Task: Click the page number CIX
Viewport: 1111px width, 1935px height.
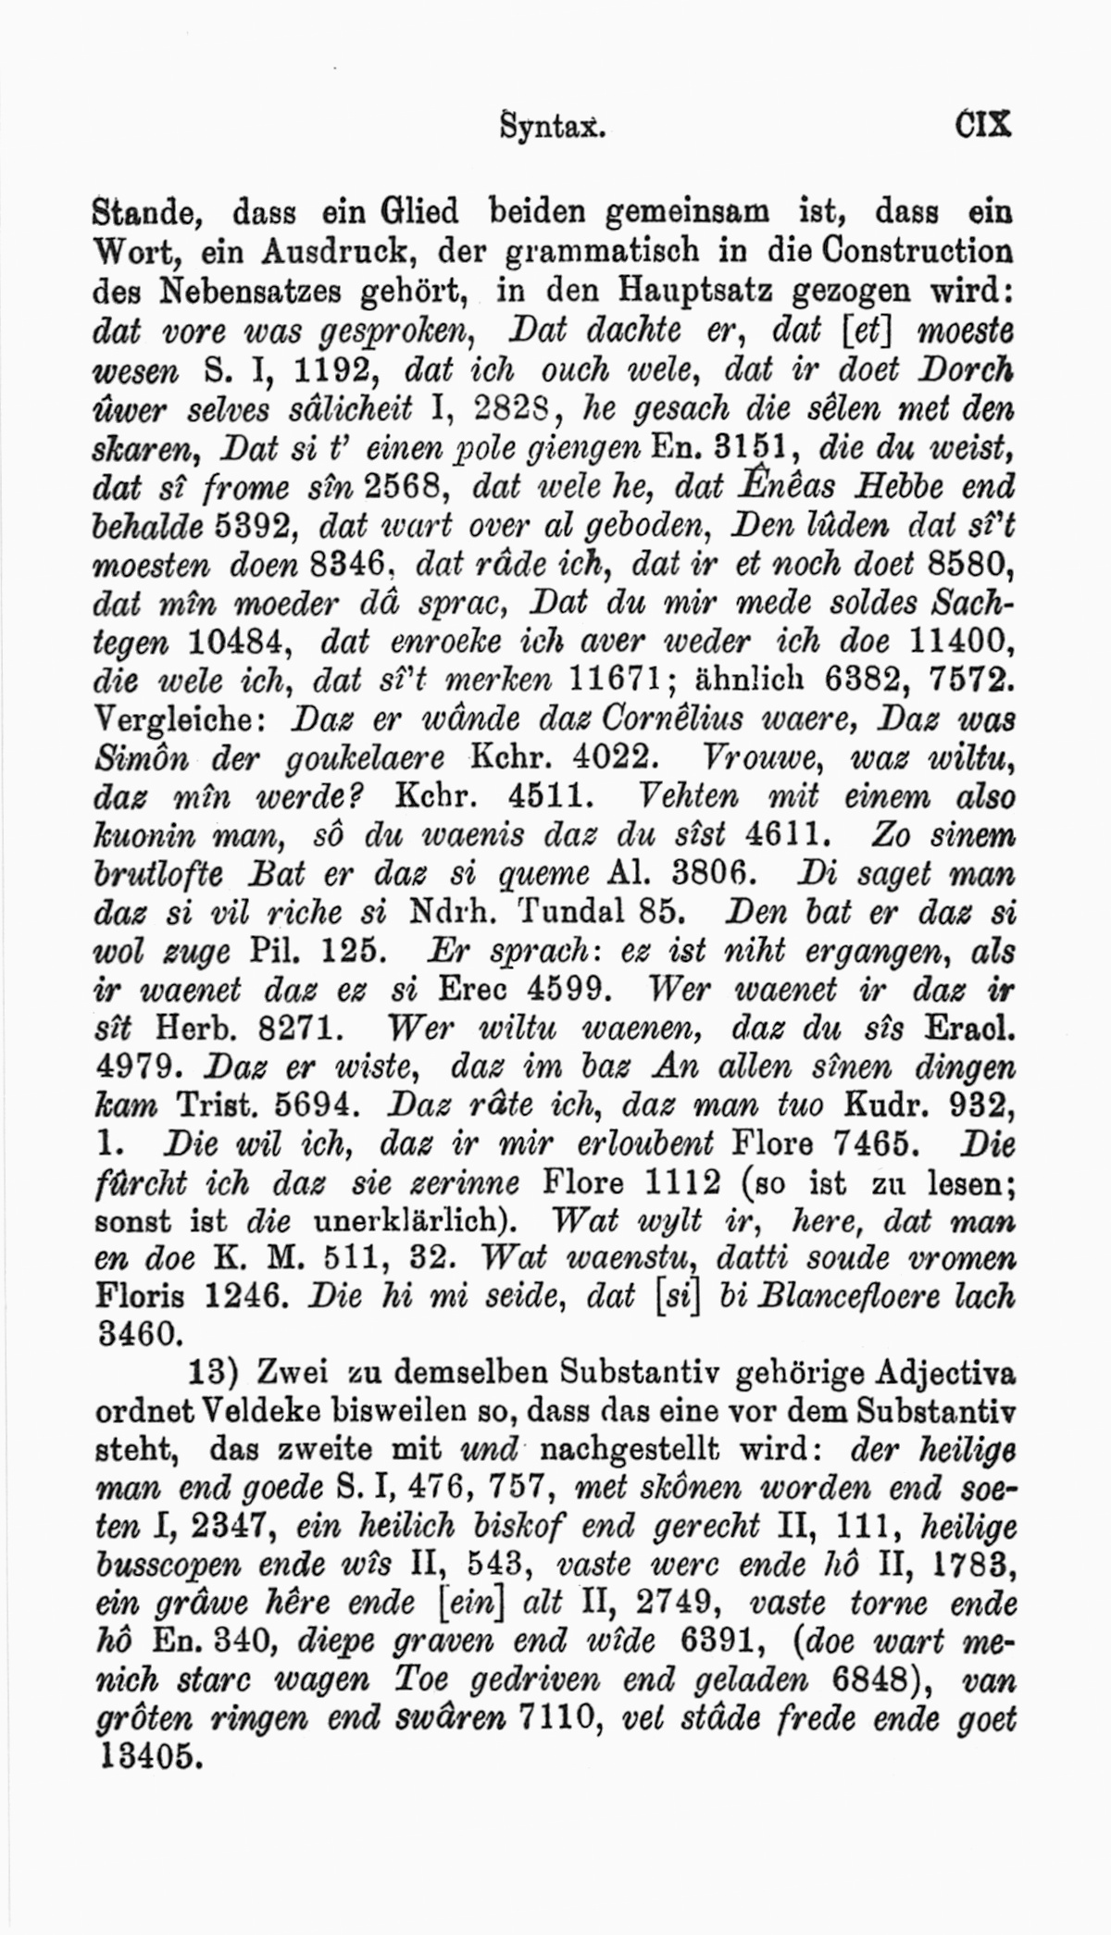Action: point(983,124)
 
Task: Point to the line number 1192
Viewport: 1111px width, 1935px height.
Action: point(330,370)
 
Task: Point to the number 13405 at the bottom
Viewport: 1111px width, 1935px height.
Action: point(148,1756)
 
